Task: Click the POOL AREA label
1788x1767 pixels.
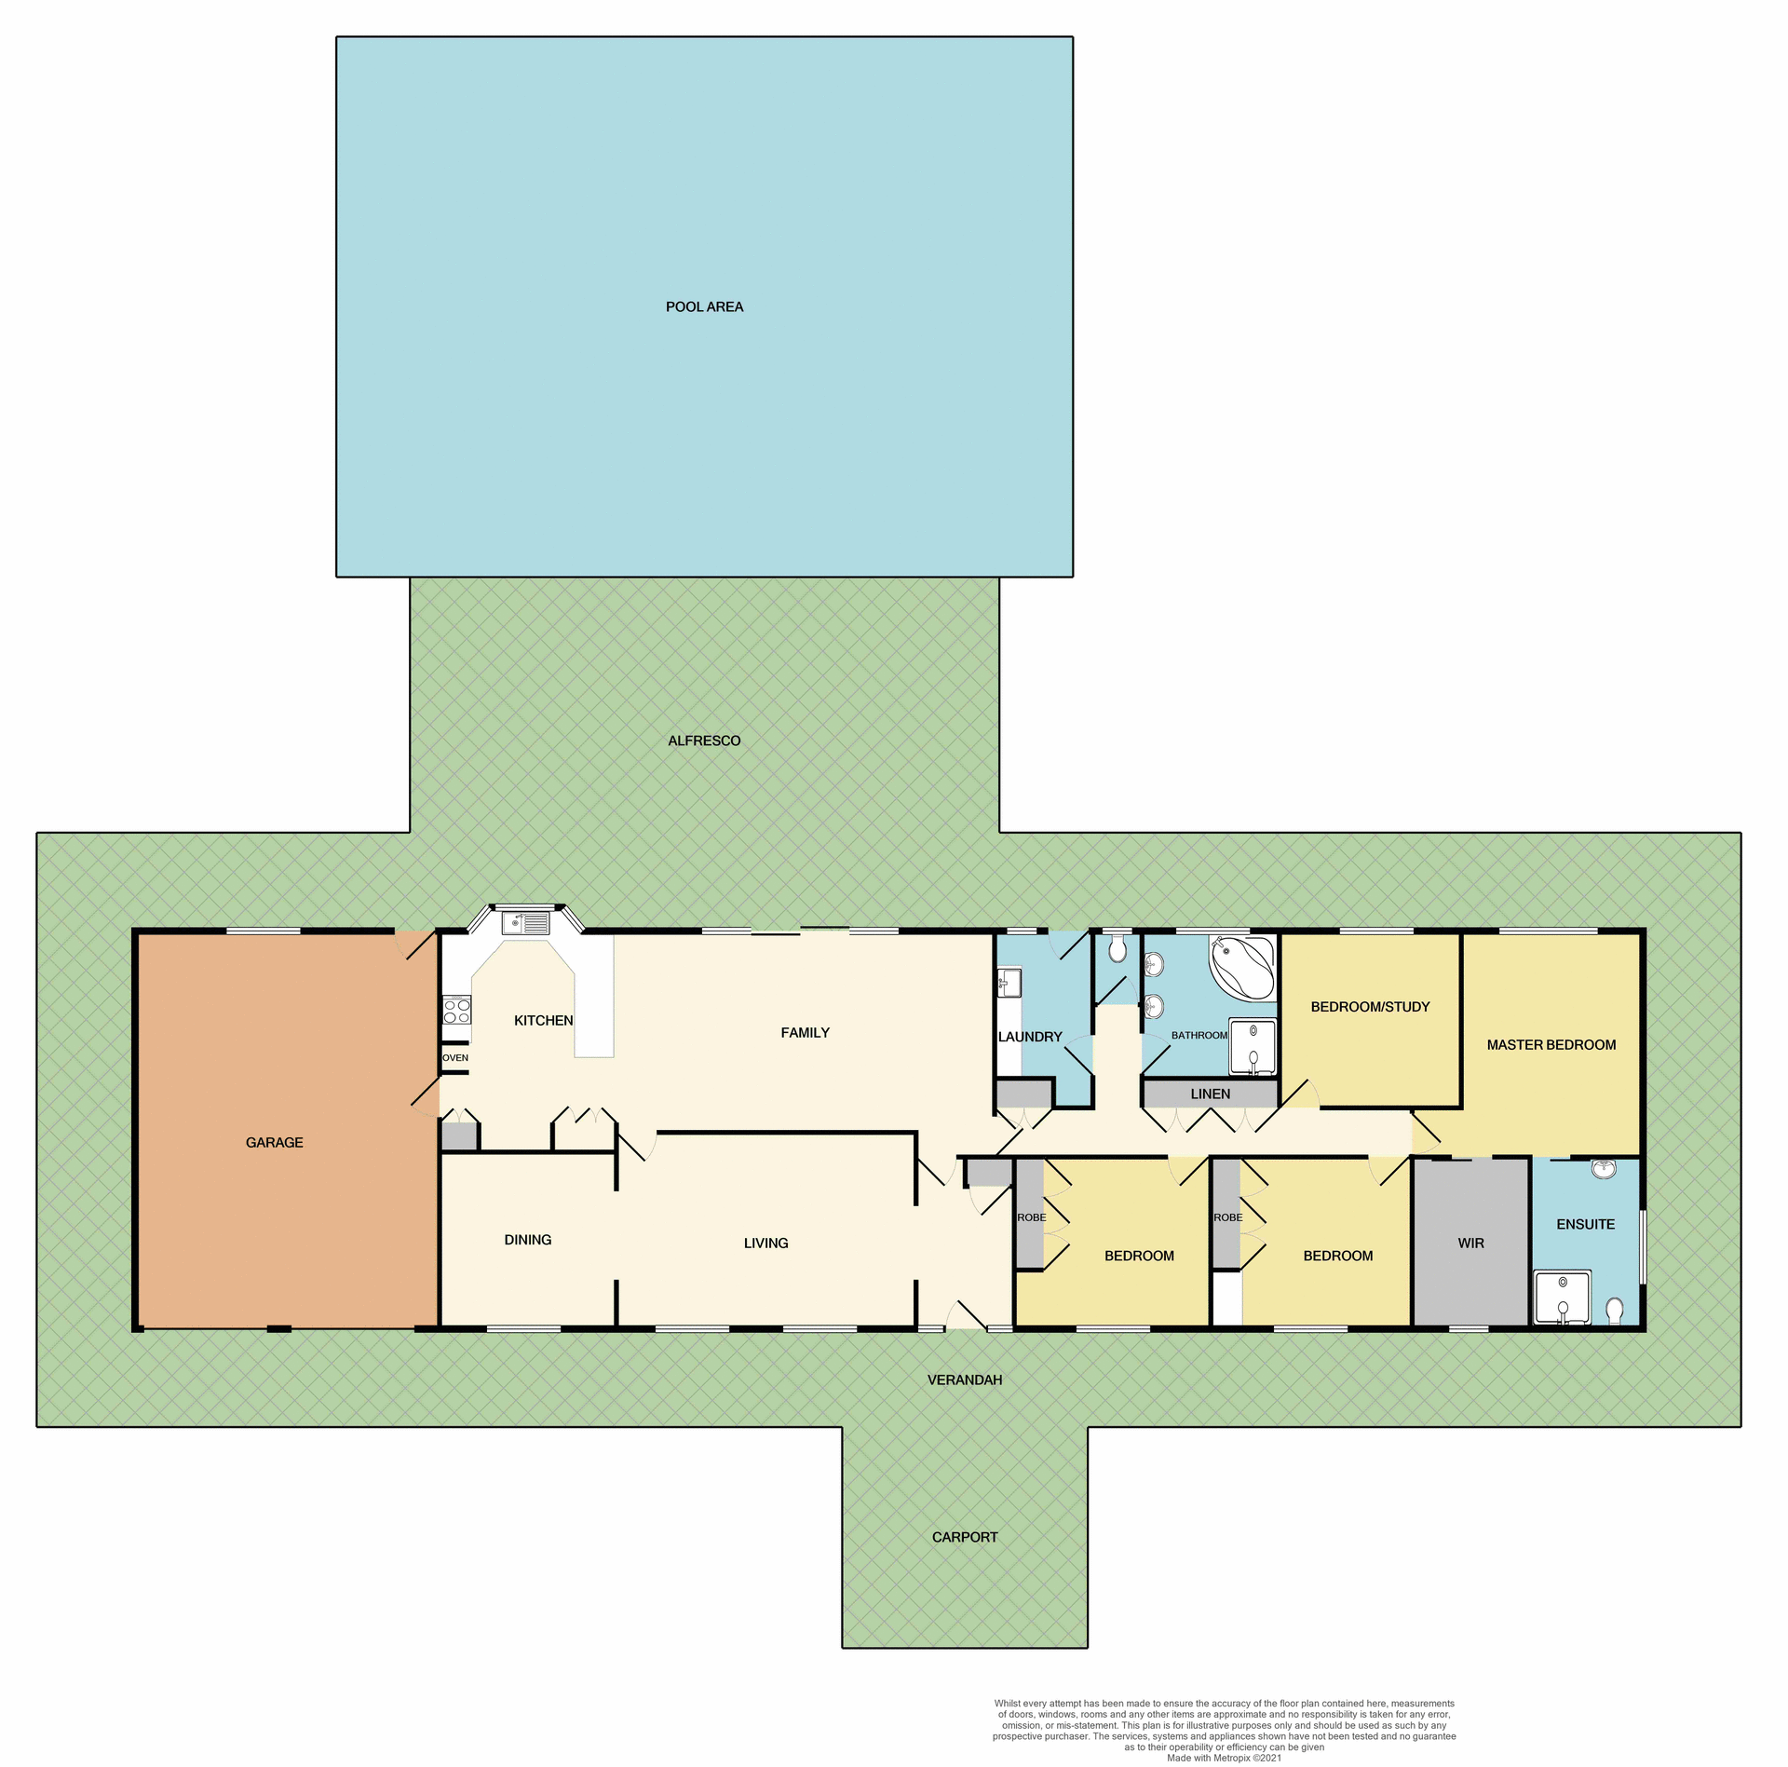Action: [704, 307]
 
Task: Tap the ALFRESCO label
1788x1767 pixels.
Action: [704, 741]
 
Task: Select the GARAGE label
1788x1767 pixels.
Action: [274, 1143]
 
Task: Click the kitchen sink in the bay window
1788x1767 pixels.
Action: [525, 924]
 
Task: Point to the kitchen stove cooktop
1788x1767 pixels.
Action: [456, 1011]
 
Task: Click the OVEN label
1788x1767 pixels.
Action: [455, 1058]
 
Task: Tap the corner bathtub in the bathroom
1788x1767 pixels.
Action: [1242, 968]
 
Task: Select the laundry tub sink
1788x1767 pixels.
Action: [1009, 983]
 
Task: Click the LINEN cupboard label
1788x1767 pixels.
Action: [1210, 1094]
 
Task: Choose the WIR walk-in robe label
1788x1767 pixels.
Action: [1470, 1244]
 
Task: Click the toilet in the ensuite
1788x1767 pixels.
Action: [1615, 1311]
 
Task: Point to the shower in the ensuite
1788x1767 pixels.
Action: [1562, 1298]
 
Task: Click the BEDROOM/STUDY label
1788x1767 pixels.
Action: [1370, 1007]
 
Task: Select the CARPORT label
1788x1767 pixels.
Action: [965, 1538]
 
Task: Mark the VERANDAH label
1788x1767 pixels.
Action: [965, 1380]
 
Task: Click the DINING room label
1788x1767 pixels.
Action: [527, 1240]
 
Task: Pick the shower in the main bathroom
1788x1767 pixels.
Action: [1253, 1047]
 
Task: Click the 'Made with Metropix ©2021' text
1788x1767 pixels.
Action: [1224, 1759]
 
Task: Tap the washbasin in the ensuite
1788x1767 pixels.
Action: [1603, 1168]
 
